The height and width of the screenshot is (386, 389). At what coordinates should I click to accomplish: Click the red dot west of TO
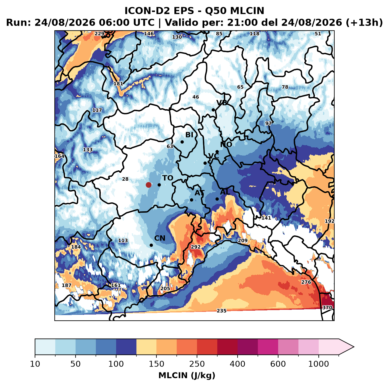[148, 185]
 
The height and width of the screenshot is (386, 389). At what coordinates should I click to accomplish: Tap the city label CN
[160, 238]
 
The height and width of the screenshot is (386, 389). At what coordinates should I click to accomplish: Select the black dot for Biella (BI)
[182, 142]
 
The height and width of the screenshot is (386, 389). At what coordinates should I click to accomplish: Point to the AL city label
[225, 192]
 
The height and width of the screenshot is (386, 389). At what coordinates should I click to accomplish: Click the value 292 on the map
[196, 247]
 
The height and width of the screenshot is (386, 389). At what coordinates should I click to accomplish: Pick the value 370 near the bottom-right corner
[327, 307]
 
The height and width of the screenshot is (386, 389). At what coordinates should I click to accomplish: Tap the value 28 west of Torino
[125, 179]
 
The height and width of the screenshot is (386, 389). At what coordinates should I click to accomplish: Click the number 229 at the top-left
[99, 34]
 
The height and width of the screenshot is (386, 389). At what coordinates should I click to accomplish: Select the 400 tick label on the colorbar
[237, 364]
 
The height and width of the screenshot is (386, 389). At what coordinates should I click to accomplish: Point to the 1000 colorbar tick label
[318, 364]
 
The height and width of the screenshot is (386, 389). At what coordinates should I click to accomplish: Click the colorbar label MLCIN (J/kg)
[187, 375]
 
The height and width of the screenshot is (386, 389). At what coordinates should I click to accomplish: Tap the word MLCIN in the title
[247, 11]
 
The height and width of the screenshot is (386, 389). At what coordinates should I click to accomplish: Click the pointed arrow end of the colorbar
[354, 347]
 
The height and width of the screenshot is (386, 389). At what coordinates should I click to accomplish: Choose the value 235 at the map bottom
[221, 311]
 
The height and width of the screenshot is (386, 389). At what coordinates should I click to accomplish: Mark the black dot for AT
[191, 200]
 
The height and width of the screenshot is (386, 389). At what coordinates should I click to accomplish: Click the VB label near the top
[222, 103]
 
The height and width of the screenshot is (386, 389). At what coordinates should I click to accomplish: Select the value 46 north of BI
[196, 97]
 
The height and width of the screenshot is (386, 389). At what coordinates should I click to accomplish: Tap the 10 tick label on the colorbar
[35, 364]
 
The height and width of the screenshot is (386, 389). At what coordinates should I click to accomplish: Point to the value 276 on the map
[306, 282]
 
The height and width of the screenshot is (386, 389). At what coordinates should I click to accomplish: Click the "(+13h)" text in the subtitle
[364, 23]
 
